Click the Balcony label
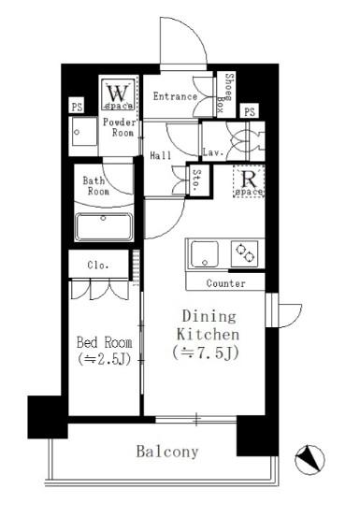click(x=167, y=452)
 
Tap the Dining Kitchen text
click(x=209, y=325)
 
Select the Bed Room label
click(x=104, y=342)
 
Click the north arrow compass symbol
click(x=310, y=459)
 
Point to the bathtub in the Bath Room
click(x=104, y=226)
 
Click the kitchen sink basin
click(x=205, y=253)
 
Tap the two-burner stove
click(x=246, y=253)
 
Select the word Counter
click(x=226, y=283)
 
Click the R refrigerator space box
click(x=249, y=181)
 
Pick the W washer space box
click(x=118, y=94)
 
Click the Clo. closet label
click(x=98, y=265)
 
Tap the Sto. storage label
click(x=196, y=180)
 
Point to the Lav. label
click(x=213, y=152)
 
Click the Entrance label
click(x=175, y=96)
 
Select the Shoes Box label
click(x=226, y=94)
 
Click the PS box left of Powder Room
click(x=77, y=107)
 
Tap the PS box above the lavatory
click(x=250, y=111)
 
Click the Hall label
click(x=161, y=155)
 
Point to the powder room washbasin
click(x=83, y=132)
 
